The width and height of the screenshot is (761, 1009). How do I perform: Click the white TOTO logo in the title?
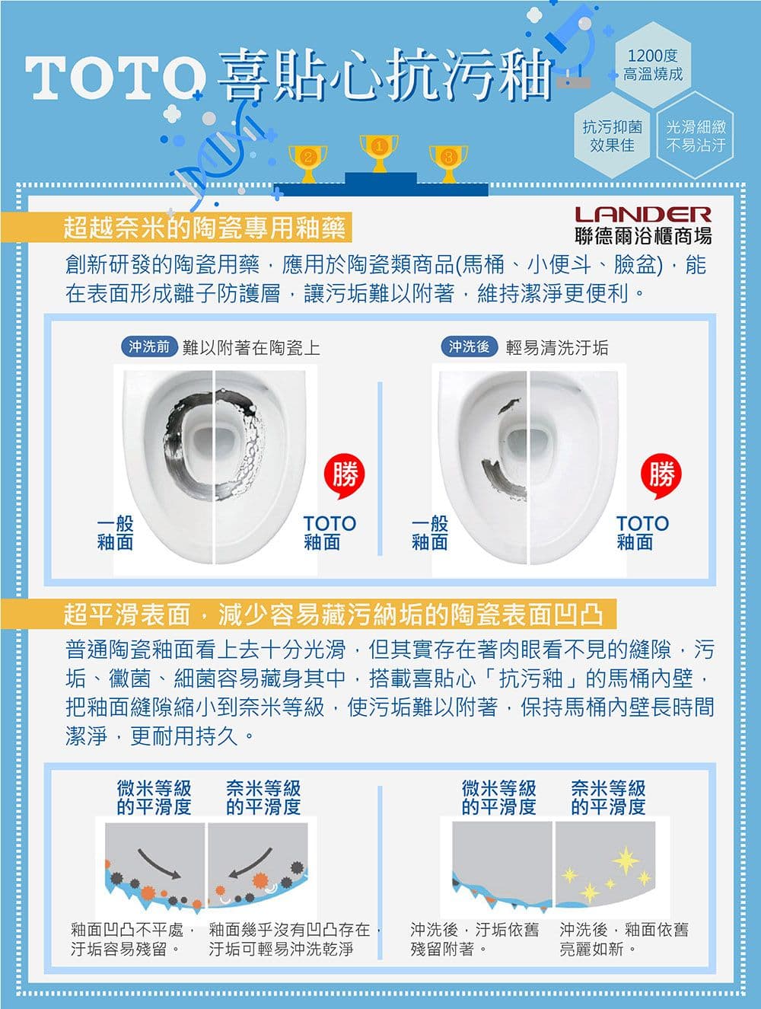coord(115,78)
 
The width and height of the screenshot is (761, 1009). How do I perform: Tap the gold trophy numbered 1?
coord(379,154)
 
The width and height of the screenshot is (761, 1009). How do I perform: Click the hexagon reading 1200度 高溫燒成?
coord(653,65)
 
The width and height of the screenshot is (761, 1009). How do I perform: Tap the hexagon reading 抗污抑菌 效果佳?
coord(612,136)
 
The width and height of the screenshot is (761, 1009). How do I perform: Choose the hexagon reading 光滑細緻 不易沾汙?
coord(696,136)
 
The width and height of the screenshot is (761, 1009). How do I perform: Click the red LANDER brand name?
coord(643,215)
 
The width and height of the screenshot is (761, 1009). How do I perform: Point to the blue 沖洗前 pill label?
coord(149,346)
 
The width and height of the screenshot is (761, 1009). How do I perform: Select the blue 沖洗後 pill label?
coord(470,346)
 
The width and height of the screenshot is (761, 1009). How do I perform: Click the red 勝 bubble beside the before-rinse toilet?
coord(345,476)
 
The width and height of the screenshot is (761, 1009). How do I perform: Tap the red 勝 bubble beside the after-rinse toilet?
coord(661,476)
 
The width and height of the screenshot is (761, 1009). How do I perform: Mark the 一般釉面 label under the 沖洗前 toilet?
coord(115,533)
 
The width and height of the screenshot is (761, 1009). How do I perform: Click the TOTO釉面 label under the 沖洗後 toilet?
coord(642,533)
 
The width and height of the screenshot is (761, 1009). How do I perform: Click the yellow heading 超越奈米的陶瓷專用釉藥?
coord(205,227)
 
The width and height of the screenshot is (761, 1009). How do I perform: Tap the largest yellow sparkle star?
coord(625,860)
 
